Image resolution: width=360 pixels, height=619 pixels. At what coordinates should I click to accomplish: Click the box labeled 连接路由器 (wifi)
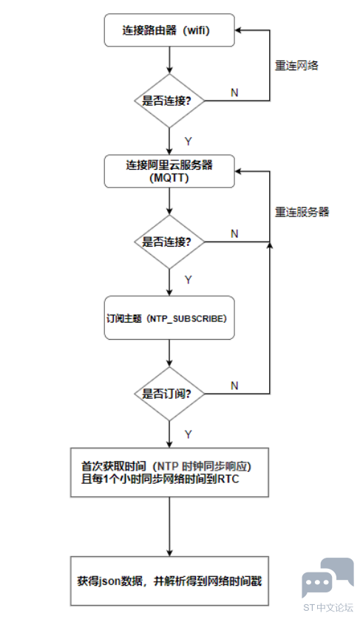point(169,30)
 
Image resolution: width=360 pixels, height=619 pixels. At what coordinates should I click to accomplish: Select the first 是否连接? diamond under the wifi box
point(169,100)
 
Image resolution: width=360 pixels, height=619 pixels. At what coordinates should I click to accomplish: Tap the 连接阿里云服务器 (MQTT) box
point(169,171)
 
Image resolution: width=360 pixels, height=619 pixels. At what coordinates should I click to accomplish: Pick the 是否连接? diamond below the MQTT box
point(169,242)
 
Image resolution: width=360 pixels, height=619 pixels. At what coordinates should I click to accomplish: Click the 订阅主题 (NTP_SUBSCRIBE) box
point(169,318)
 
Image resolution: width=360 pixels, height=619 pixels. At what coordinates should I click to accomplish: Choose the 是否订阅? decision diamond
point(169,394)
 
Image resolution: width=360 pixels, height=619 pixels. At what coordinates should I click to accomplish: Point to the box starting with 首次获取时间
point(169,472)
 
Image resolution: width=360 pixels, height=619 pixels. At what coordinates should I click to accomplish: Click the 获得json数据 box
point(169,581)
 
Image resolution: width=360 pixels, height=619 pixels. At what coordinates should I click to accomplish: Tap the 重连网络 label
point(296,66)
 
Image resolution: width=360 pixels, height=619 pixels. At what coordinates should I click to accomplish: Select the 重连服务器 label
point(302,212)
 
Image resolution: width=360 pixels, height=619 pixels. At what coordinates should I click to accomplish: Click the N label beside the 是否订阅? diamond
point(234,386)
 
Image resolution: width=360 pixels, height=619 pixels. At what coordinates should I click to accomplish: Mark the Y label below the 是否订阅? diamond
point(188,434)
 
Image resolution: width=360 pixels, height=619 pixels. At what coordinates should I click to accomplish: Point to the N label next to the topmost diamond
point(234,92)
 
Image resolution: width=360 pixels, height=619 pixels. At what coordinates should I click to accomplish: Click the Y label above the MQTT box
point(188,141)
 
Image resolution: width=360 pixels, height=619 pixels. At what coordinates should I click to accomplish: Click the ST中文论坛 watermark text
point(328,607)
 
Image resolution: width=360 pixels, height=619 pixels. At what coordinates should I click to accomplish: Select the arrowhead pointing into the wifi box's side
point(238,30)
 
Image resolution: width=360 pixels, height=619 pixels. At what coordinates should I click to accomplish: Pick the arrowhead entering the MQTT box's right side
point(238,171)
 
